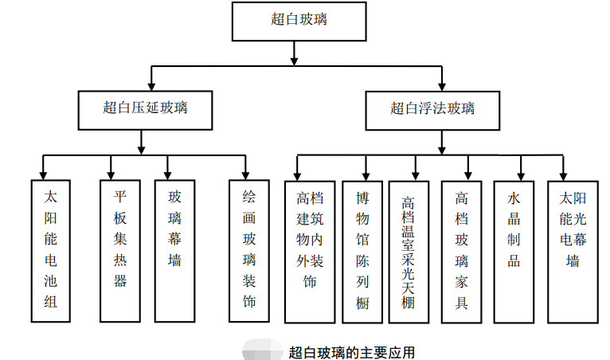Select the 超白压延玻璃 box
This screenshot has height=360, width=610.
pyautogui.click(x=145, y=109)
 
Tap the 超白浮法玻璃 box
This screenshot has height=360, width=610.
pyautogui.click(x=432, y=109)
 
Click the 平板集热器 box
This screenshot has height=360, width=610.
pyautogui.click(x=120, y=250)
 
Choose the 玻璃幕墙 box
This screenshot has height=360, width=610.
pyautogui.click(x=174, y=250)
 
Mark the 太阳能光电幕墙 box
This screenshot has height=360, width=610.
pyautogui.click(x=573, y=250)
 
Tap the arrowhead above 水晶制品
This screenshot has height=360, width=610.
pyautogui.click(x=521, y=174)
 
